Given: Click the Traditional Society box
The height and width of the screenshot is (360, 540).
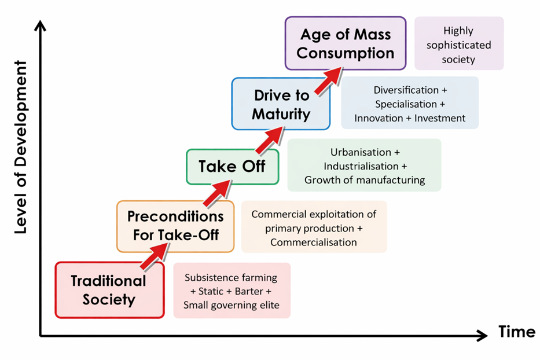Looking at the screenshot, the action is coord(109,290).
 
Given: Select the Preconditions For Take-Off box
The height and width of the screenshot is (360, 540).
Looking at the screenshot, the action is coord(175,226).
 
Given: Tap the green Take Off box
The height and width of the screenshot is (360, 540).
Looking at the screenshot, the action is coord(233,167).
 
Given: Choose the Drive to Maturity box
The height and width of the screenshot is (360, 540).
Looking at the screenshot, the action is coord(281,104).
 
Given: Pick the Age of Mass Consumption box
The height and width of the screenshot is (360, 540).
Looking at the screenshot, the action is coord(346,43).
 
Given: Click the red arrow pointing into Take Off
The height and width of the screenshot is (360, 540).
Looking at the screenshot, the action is coord(218,194).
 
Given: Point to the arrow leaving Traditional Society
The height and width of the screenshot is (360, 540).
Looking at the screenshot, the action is coord(155,256).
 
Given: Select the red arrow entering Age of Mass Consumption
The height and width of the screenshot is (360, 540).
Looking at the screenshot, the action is coord(329,81).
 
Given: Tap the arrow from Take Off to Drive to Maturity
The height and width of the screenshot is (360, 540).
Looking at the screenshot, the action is coord(270,140).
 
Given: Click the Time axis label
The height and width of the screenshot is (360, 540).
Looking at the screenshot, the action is coord(517,332).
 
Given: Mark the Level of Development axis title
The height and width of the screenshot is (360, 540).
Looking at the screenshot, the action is coord(21,147).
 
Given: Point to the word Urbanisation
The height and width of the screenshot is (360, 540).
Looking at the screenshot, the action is coord(361,152).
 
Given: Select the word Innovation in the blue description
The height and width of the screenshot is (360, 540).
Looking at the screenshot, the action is coord(379,118).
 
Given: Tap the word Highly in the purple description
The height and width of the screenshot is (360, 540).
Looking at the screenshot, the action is coord(458,31).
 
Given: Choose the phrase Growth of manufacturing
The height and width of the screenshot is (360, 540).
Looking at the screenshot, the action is coord(365,180).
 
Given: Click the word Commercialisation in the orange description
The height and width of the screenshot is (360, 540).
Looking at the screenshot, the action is coord(313,242).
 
